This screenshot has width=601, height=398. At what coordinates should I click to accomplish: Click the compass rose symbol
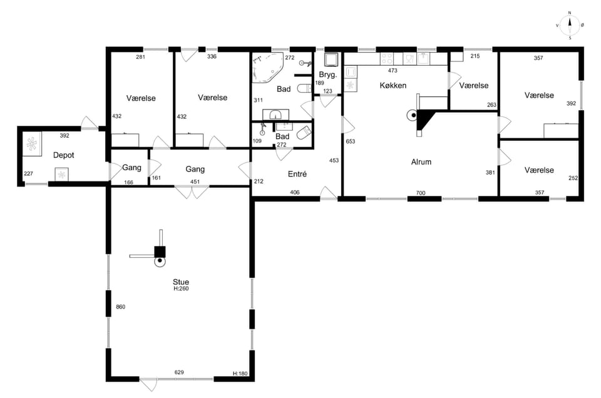(570, 26)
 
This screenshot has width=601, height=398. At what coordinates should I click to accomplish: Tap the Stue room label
(181, 282)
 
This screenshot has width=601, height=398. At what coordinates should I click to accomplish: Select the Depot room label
(64, 155)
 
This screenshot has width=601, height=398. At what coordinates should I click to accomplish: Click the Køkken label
(393, 86)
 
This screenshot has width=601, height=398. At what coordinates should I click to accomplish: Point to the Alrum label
(421, 162)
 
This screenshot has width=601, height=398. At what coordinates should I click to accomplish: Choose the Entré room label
(297, 174)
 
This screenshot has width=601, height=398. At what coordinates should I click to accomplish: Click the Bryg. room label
(327, 74)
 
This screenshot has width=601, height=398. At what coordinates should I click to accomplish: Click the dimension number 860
(121, 307)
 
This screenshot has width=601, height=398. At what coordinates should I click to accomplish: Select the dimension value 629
(179, 372)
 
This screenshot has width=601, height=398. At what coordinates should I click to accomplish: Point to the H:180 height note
(240, 374)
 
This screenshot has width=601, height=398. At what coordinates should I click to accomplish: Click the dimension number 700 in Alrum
(421, 193)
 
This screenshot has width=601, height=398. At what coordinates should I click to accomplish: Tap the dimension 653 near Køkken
(351, 141)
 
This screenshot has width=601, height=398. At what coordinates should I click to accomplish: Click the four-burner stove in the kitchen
(386, 59)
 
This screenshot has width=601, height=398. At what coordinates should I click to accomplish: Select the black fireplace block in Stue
(160, 252)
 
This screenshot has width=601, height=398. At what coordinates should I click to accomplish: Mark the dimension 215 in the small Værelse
(475, 56)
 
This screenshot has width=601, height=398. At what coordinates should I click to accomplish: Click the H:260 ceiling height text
(181, 289)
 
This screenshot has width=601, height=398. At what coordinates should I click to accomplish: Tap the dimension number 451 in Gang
(195, 182)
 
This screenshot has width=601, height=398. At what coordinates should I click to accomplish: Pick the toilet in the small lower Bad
(304, 133)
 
